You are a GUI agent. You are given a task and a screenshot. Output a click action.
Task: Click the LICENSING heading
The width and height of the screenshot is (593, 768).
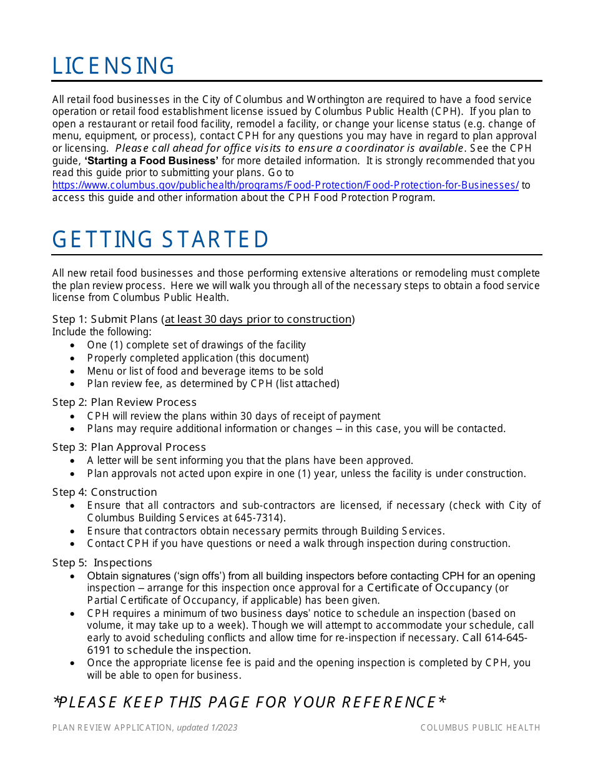pyautogui.click(x=113, y=66)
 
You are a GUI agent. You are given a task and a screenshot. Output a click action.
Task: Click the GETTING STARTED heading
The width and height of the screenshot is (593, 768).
pyautogui.click(x=160, y=240)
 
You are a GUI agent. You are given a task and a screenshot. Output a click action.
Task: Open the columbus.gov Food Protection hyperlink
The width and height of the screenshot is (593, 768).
pyautogui.click(x=285, y=185)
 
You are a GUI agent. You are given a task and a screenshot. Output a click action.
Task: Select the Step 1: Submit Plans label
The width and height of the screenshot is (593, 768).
pyautogui.click(x=105, y=320)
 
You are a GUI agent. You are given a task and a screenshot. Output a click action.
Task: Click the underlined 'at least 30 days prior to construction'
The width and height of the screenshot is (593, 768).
pyautogui.click(x=258, y=320)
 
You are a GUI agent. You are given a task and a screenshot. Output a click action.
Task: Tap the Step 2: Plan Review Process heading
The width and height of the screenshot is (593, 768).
pyautogui.click(x=124, y=402)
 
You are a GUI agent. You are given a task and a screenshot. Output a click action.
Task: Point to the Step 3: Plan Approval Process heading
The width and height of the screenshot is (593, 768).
pyautogui.click(x=129, y=447)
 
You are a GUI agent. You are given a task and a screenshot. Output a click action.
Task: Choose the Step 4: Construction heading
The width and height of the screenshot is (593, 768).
pyautogui.click(x=104, y=492)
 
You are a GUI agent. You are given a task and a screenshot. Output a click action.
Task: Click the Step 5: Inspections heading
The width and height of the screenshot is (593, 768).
pyautogui.click(x=102, y=563)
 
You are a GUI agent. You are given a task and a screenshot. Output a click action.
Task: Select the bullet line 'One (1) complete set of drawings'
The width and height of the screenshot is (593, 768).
pyautogui.click(x=196, y=345)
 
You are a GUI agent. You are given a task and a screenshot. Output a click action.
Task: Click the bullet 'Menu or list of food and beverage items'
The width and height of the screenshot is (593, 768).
pyautogui.click(x=205, y=371)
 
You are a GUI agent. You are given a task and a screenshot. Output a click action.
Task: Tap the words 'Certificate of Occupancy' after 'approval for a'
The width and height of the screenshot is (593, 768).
pyautogui.click(x=429, y=588)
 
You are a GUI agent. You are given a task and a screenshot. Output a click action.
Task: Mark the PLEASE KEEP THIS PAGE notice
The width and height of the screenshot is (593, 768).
pyautogui.click(x=249, y=702)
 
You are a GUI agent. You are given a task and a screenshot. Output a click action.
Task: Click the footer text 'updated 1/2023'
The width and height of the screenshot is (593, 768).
pyautogui.click(x=207, y=727)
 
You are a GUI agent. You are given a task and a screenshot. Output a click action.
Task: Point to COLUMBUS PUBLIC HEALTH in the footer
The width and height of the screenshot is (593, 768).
pyautogui.click(x=480, y=727)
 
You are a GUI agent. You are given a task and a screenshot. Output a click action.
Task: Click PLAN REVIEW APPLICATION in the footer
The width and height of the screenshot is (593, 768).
pyautogui.click(x=112, y=727)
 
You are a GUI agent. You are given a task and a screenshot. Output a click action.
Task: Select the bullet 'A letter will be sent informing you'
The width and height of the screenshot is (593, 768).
pyautogui.click(x=250, y=460)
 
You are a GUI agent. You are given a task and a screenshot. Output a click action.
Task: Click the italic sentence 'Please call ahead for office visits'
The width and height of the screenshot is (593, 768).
pyautogui.click(x=290, y=149)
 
